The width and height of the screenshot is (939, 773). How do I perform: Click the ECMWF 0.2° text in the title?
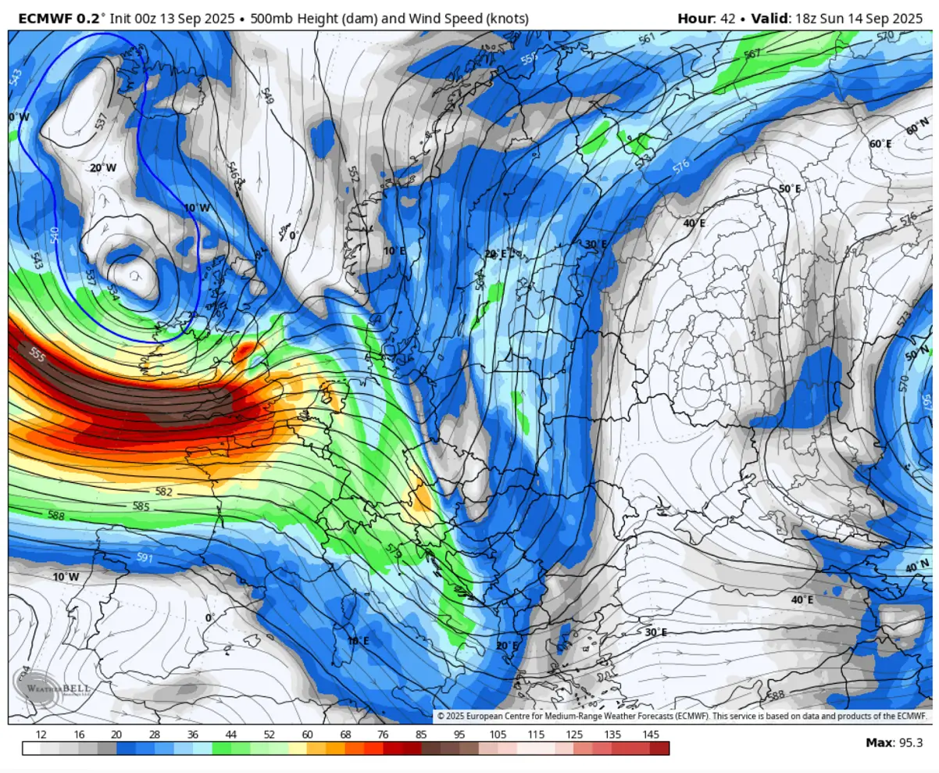(59, 18)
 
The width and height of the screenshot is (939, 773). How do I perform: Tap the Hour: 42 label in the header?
(706, 18)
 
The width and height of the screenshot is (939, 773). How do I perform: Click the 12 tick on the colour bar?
(41, 735)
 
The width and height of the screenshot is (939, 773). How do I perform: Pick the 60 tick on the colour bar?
(307, 735)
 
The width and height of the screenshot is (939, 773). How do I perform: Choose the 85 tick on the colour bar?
(421, 735)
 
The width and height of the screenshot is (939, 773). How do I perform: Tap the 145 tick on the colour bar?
(649, 735)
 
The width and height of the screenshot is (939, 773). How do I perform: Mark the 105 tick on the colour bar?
(497, 735)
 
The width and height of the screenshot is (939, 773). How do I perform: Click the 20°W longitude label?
(102, 168)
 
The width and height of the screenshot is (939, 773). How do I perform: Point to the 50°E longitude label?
(790, 189)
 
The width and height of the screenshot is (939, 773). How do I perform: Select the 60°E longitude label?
(880, 144)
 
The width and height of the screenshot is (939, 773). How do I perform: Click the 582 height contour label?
(163, 492)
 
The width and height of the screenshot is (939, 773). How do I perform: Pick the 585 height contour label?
(141, 506)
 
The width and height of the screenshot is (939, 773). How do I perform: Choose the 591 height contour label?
(145, 556)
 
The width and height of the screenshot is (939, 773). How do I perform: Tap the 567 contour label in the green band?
(752, 53)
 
